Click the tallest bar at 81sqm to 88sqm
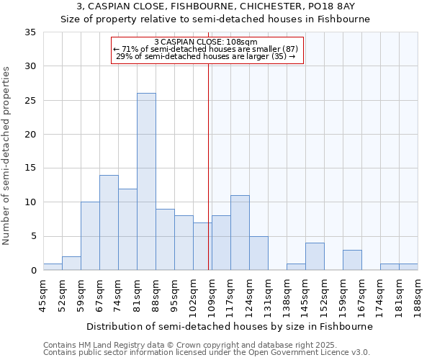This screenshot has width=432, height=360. [x=146, y=181]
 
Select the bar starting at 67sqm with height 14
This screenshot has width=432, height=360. [x=109, y=222]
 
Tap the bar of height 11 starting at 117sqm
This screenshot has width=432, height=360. [x=240, y=233]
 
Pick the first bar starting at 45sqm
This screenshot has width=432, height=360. [x=53, y=266]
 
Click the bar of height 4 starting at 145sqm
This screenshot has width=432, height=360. [x=315, y=256]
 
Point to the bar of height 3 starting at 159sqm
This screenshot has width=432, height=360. [x=352, y=260]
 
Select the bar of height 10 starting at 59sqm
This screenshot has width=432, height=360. [x=90, y=236]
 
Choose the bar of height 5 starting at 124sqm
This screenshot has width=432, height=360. [x=258, y=253]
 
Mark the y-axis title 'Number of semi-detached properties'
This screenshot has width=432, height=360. [x=7, y=156]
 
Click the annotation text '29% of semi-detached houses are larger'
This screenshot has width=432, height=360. [x=207, y=56]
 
